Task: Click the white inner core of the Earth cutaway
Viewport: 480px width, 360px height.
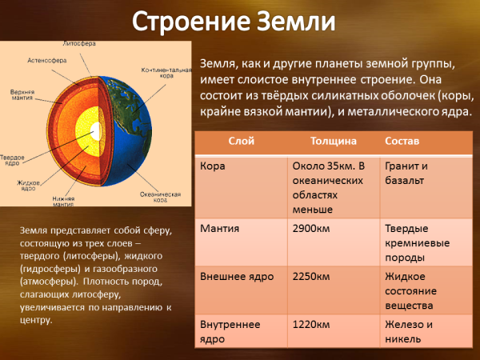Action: point(95,128)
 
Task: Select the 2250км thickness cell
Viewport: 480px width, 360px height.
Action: point(313,277)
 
